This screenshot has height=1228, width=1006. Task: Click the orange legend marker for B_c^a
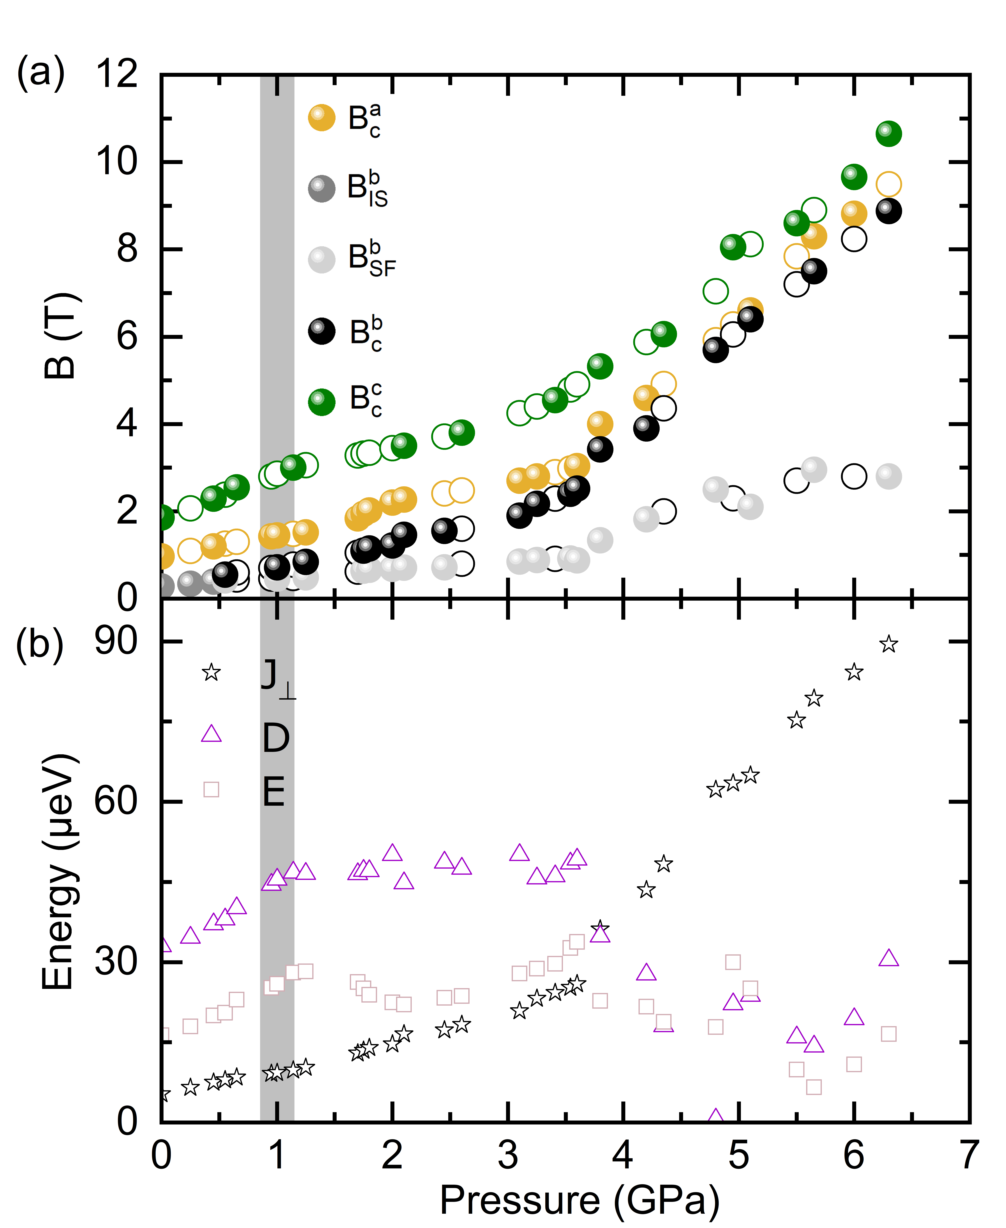(x=322, y=118)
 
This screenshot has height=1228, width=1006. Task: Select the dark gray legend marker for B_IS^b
(x=322, y=188)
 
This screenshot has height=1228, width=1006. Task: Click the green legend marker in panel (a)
(x=322, y=401)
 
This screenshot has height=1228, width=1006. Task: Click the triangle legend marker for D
(x=212, y=735)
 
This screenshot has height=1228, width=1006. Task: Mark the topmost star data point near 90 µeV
(x=888, y=644)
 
